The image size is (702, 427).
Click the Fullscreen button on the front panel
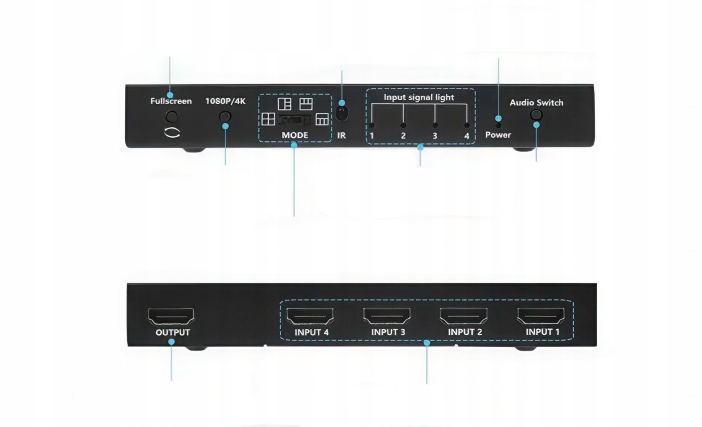click(171, 117)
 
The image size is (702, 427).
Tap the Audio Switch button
click(536, 114)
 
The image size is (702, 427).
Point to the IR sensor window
click(341, 113)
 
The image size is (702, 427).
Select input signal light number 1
click(372, 125)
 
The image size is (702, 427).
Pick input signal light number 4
click(466, 125)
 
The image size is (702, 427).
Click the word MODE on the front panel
click(295, 135)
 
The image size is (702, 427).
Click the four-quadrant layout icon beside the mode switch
click(268, 119)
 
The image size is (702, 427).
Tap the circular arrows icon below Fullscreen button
click(171, 133)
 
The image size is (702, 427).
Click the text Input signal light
click(419, 97)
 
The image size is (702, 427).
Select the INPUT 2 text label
click(465, 332)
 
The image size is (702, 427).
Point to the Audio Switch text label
click(537, 103)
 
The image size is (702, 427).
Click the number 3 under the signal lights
click(435, 136)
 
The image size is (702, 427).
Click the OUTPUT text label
click(172, 333)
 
